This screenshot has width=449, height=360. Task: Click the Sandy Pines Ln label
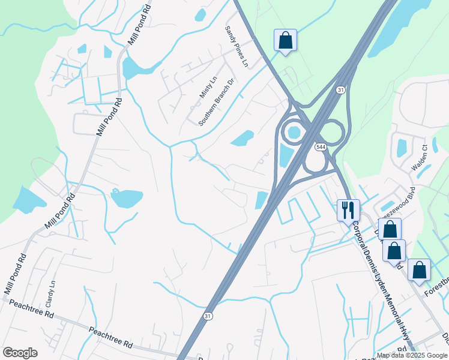237,46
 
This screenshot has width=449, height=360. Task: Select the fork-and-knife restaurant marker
348,210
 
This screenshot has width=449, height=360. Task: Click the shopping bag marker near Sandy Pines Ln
286,40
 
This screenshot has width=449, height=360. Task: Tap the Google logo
20,353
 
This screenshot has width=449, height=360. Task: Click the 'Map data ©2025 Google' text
412,355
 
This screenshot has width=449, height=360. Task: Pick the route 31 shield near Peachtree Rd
208,316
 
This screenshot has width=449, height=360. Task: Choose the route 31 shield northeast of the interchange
340,89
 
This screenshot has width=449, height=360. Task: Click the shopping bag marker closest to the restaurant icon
390,229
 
